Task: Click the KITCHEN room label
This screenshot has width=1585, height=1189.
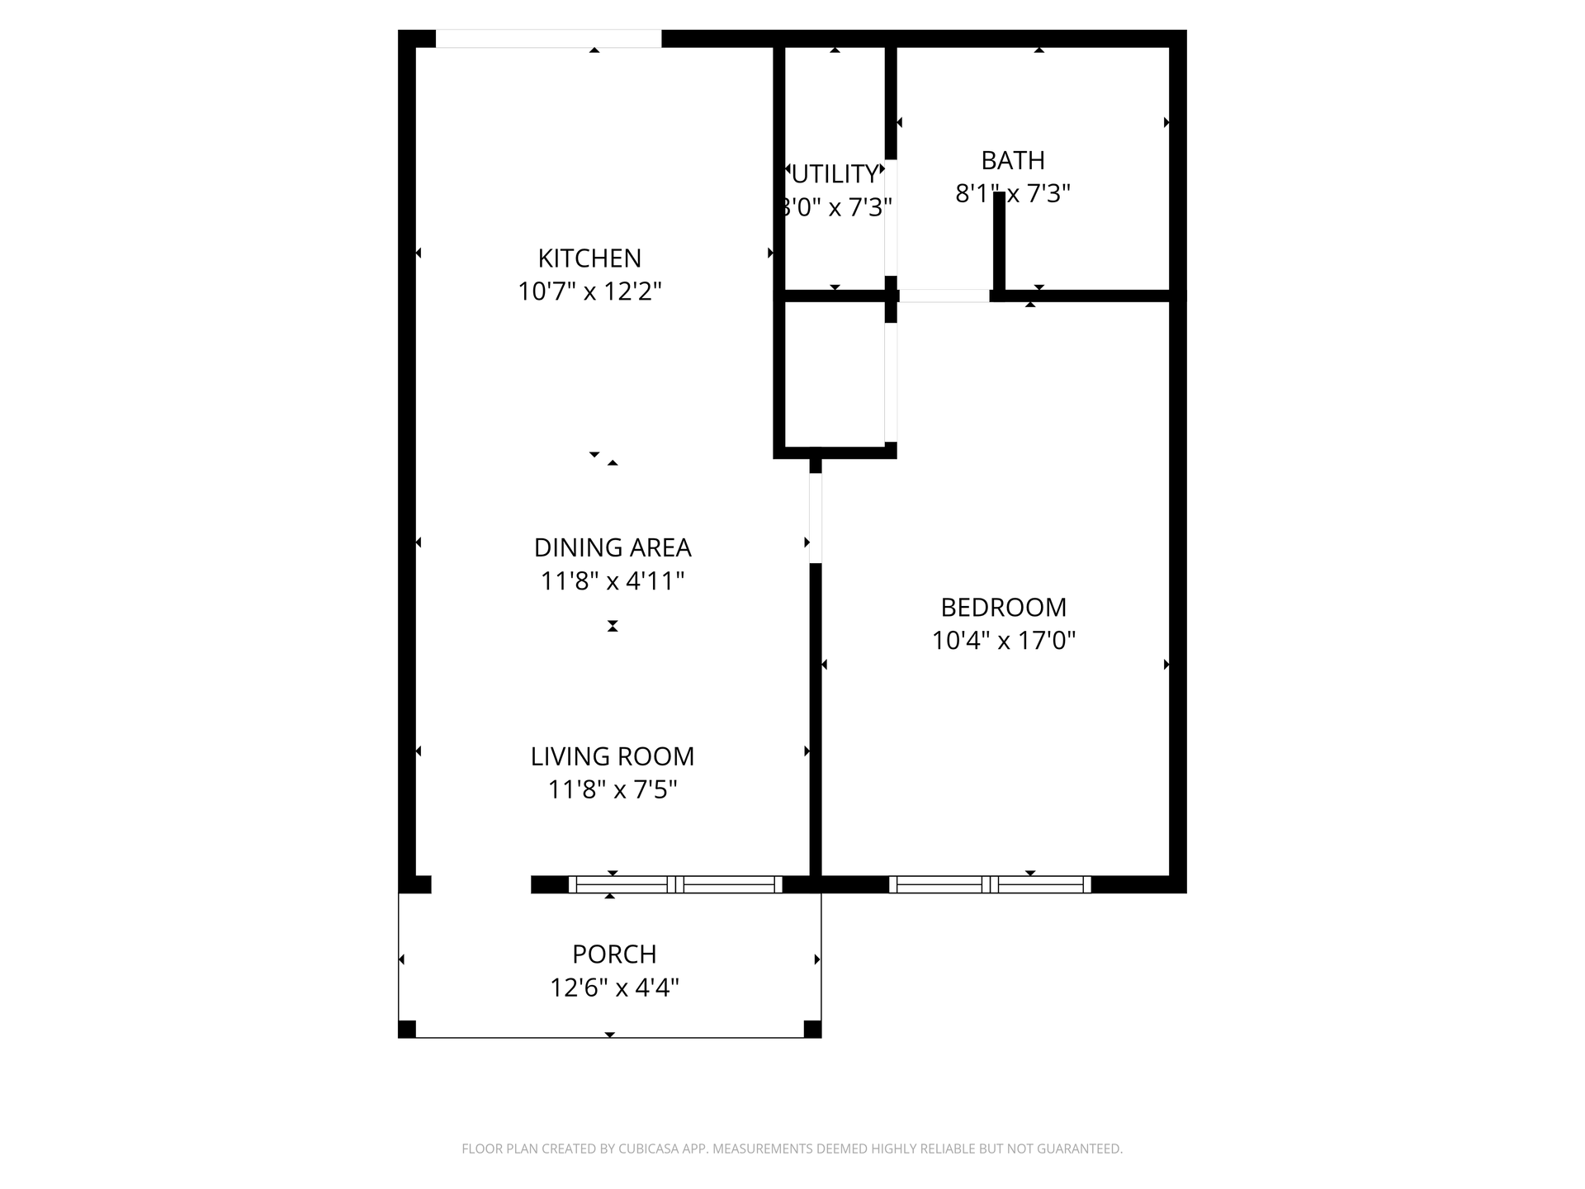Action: tap(589, 258)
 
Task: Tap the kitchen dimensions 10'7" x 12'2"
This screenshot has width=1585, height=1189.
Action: tap(589, 291)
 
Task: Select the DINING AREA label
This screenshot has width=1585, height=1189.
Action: tap(613, 547)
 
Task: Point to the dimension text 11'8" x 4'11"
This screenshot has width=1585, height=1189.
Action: tap(613, 581)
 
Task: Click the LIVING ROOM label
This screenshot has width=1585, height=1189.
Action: tap(613, 756)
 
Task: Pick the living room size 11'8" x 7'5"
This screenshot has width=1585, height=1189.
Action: tap(613, 790)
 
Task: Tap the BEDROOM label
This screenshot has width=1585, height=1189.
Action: tap(1004, 608)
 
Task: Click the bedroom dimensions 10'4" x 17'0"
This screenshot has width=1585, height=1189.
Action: tap(1004, 641)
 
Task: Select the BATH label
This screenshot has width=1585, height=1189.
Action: tap(1013, 160)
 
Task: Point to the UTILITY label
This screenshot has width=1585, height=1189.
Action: tap(835, 174)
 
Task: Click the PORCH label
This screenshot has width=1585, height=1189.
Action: tap(614, 955)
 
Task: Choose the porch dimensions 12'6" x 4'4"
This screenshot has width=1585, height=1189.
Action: tap(614, 988)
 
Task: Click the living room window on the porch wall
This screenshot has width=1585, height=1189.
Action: tap(675, 884)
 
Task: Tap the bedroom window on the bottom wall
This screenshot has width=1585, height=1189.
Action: tap(990, 884)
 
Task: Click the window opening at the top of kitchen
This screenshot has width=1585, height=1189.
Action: tap(548, 39)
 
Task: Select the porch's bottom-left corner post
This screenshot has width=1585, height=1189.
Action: tap(407, 1029)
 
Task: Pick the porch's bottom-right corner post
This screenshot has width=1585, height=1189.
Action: tap(812, 1029)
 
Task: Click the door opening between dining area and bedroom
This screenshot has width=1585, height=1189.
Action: tap(816, 518)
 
